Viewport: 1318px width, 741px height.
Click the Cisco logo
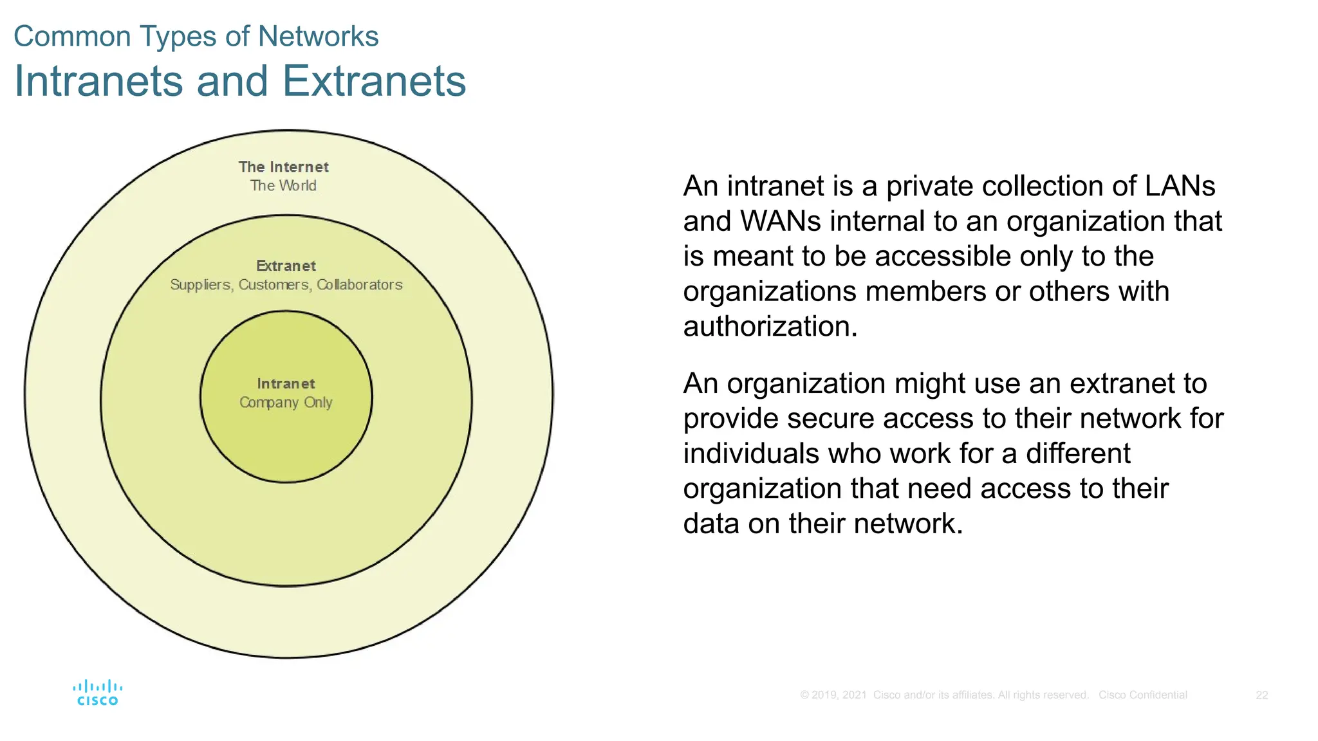pos(97,693)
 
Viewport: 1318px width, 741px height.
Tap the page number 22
pos(1261,695)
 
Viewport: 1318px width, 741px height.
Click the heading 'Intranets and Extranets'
pos(240,81)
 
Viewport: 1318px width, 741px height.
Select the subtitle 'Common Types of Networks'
pos(196,37)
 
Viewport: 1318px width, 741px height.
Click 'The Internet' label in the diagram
pos(283,167)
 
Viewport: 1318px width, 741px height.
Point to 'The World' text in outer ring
pos(283,186)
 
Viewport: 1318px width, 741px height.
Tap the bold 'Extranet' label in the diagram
pos(286,266)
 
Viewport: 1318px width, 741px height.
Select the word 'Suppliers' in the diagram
pos(200,285)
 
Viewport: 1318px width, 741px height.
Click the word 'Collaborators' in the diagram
pos(360,285)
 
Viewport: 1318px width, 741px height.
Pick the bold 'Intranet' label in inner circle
pos(286,384)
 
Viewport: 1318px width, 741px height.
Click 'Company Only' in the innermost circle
pos(286,403)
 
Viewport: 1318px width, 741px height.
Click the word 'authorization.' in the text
pos(770,327)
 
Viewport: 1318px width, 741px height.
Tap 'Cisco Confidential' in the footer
pos(1142,695)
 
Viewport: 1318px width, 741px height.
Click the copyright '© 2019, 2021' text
pos(833,695)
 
